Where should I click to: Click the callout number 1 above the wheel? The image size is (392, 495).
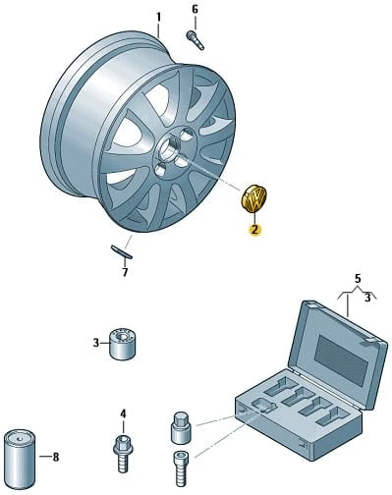(x=158, y=18)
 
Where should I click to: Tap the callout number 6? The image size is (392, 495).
(x=196, y=9)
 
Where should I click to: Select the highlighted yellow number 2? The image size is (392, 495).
(x=254, y=230)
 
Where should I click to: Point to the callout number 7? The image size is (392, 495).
(x=125, y=272)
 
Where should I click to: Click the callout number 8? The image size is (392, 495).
(x=56, y=457)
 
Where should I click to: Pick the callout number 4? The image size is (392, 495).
(x=123, y=414)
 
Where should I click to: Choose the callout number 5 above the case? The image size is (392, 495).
(x=358, y=279)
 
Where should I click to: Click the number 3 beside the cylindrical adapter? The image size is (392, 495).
(x=95, y=343)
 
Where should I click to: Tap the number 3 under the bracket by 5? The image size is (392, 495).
(x=367, y=298)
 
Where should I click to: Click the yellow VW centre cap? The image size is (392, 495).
(x=253, y=198)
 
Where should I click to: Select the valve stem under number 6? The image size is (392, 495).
(x=195, y=40)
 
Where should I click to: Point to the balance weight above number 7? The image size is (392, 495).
(x=122, y=251)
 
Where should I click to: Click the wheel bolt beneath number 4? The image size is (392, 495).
(x=123, y=452)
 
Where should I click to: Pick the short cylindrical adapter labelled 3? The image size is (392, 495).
(x=123, y=343)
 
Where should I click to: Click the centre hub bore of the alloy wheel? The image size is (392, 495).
(x=169, y=146)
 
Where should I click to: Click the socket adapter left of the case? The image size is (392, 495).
(x=182, y=427)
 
